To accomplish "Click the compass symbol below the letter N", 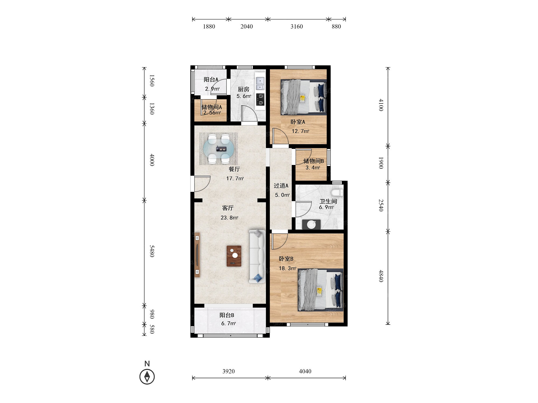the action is [147, 377].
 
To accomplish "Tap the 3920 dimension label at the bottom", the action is [228, 371].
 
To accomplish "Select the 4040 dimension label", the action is [305, 371].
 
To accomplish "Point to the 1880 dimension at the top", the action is [209, 26].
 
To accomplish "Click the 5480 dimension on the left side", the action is [152, 251].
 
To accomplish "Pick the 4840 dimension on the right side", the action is [381, 276].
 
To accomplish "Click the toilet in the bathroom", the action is [337, 192].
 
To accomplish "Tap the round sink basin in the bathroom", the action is [312, 224].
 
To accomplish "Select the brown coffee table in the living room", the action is [234, 256].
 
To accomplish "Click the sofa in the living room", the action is [257, 256].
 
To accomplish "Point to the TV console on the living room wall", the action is [197, 255].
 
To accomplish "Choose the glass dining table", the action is [218, 149].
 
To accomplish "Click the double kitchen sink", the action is [260, 83].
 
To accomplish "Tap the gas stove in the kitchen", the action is [260, 99].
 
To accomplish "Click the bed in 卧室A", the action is [303, 97].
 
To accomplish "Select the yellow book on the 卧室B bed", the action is [319, 291].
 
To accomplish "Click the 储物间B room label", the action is [314, 161].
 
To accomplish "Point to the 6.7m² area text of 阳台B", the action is [228, 323].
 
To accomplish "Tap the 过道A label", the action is [281, 186].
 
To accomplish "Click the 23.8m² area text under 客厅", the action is [229, 218].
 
